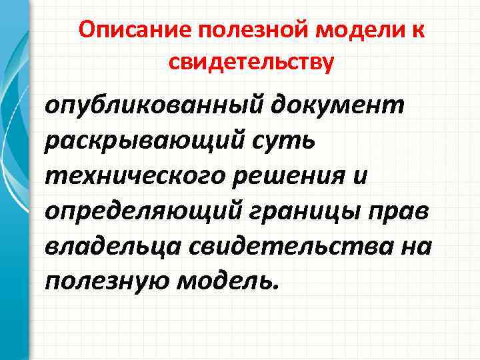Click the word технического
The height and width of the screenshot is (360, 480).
point(126,175)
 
